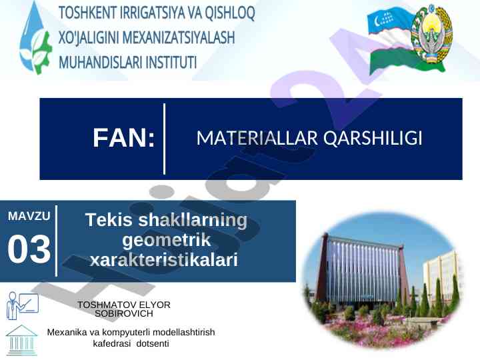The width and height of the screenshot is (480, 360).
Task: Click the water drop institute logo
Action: click(x=35, y=38)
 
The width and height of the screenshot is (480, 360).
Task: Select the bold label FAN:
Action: click(x=124, y=138)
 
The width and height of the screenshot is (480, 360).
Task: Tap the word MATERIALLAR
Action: click(x=257, y=138)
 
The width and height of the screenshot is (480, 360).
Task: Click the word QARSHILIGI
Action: click(x=373, y=138)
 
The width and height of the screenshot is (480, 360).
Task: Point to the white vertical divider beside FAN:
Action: click(x=165, y=139)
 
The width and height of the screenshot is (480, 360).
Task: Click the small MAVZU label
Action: click(x=29, y=216)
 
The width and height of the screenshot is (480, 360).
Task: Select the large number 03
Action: click(x=29, y=249)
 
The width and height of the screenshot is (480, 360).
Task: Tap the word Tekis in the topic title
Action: click(x=109, y=220)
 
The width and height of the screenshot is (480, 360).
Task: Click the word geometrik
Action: click(x=167, y=240)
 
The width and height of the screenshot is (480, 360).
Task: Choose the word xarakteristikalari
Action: click(x=164, y=260)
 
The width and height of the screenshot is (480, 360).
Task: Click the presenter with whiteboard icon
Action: click(x=23, y=305)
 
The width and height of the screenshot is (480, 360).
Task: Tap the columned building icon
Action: click(x=22, y=341)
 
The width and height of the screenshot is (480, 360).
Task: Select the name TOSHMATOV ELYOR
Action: click(x=124, y=305)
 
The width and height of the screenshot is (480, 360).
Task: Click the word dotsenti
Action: click(x=153, y=343)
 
